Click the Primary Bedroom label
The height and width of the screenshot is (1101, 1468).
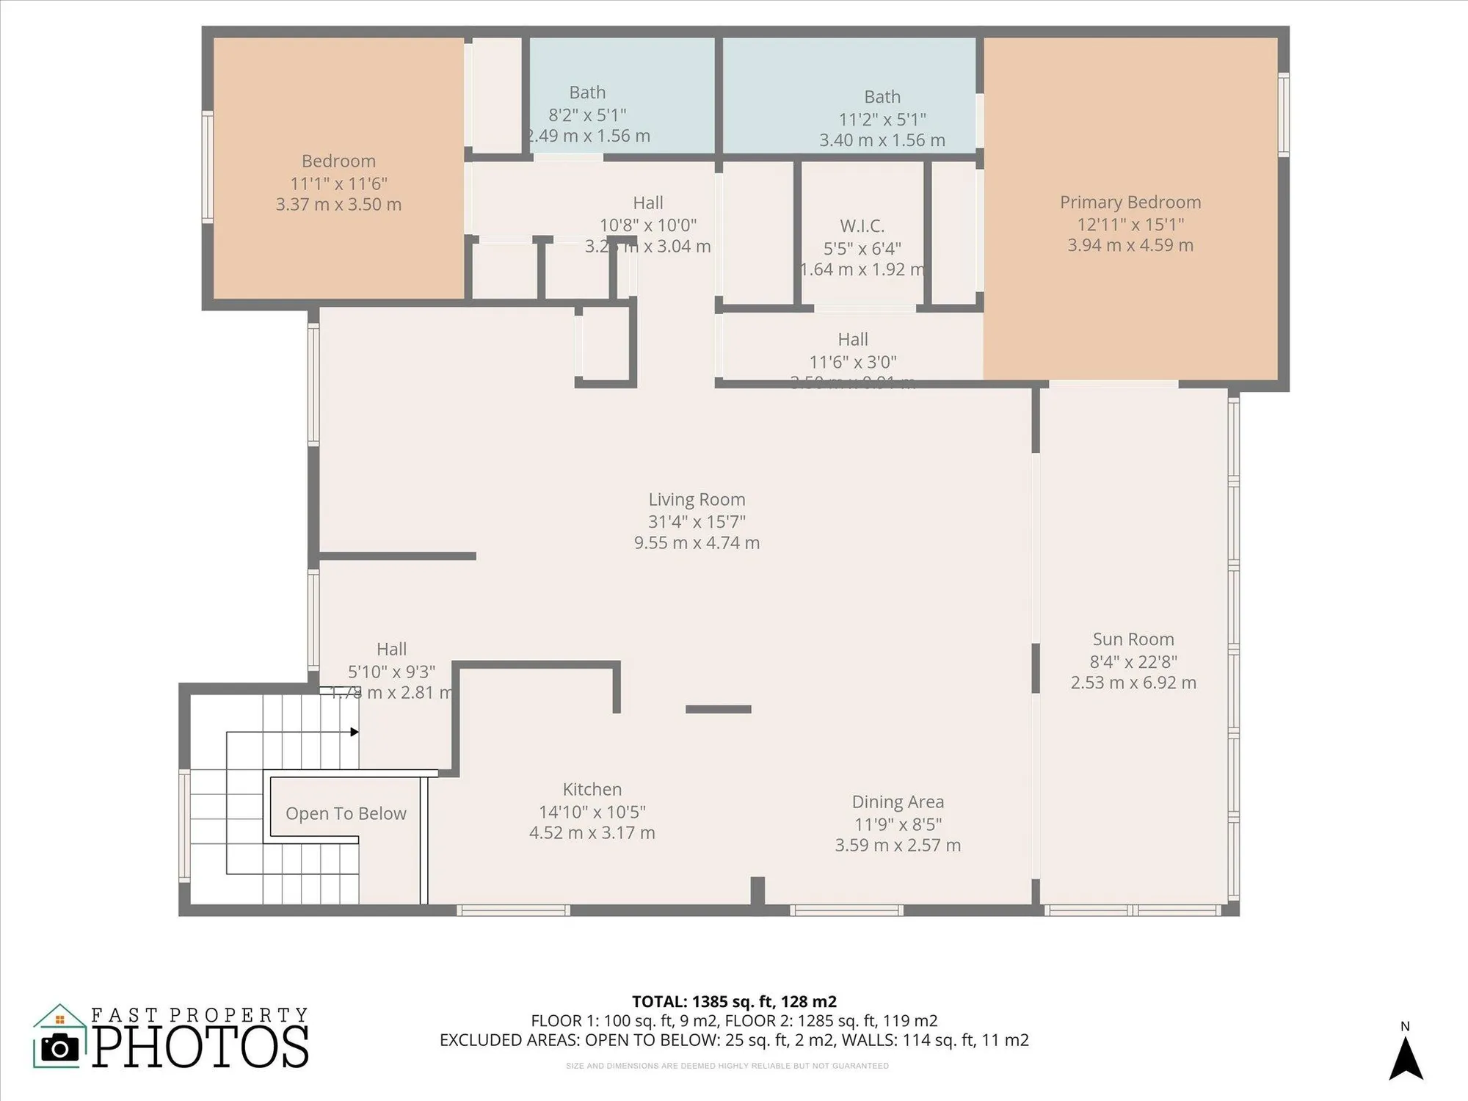[1130, 203]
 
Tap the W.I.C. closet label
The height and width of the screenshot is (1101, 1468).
[862, 226]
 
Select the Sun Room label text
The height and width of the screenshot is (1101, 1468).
[1133, 639]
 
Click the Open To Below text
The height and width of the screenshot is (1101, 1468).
[346, 813]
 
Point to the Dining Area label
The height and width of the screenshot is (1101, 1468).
[897, 802]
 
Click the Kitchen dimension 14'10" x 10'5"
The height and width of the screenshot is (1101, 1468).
[592, 812]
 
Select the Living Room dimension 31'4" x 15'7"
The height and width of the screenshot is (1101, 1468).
[696, 522]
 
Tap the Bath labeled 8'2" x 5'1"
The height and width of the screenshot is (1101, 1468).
[587, 92]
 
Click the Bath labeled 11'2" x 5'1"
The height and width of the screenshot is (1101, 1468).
[882, 97]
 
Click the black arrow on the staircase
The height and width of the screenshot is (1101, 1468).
[354, 732]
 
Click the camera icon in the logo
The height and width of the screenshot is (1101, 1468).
[59, 1047]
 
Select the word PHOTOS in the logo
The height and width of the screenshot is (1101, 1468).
[200, 1047]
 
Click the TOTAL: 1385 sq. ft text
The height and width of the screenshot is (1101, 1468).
[733, 1001]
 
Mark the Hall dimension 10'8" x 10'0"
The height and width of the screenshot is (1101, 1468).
[647, 225]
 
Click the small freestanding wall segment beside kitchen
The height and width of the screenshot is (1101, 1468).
[718, 709]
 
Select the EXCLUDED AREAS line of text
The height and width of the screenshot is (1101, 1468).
[733, 1040]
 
